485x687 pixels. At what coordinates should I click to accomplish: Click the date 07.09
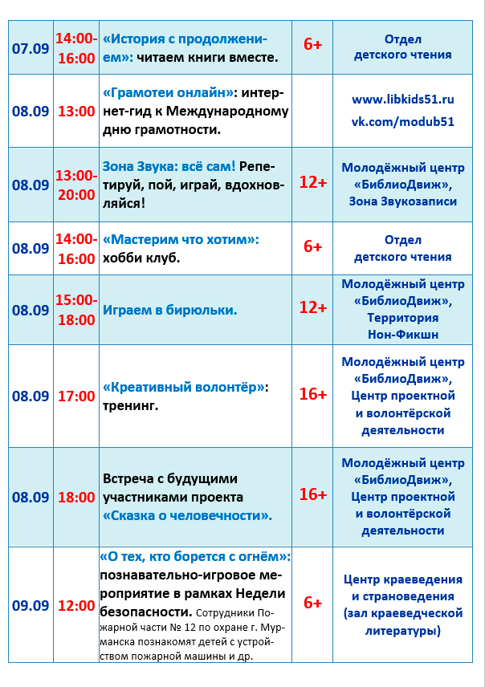point(31,47)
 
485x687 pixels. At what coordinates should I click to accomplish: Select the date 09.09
point(31,605)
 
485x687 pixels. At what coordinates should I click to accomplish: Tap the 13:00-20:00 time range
point(75,185)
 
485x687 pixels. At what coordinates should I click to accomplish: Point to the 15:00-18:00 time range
point(75,310)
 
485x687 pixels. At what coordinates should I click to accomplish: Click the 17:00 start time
point(76,396)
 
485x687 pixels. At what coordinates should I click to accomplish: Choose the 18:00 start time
point(76,497)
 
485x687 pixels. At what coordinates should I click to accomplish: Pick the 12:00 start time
point(76,605)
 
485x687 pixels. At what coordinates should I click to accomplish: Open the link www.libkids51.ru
point(403,100)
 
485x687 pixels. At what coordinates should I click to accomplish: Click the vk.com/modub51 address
point(403,121)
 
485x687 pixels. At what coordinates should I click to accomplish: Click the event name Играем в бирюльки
point(169,310)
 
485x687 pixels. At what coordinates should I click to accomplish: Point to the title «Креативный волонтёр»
point(184,387)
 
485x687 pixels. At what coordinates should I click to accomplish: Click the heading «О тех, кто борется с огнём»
point(195,556)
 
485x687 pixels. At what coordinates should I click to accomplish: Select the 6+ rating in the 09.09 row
point(312,602)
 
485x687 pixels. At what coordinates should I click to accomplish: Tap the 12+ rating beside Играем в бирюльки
point(312,307)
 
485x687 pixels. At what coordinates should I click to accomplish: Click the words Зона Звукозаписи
point(403,201)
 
